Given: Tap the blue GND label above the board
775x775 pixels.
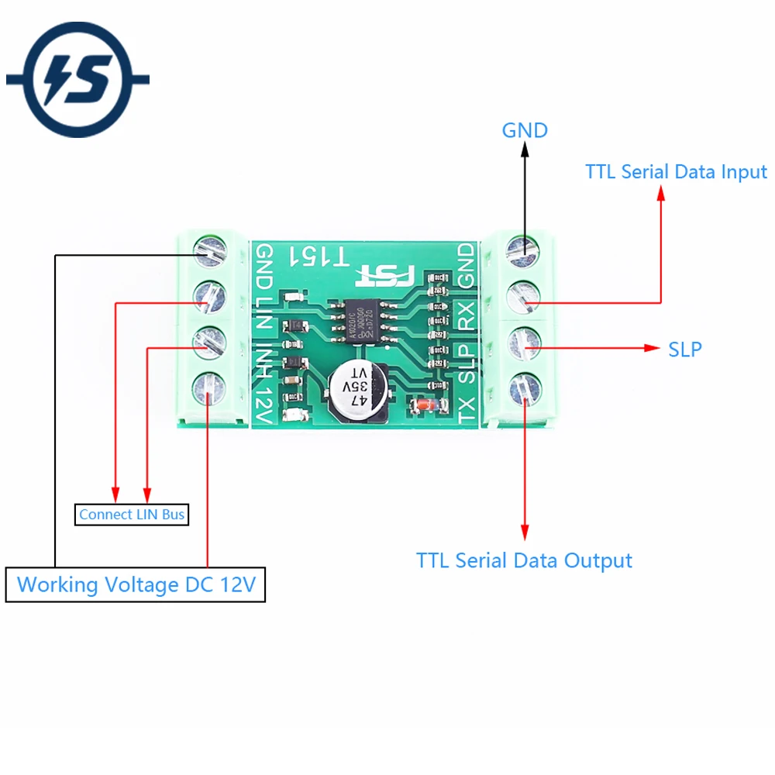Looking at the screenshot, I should click(x=525, y=130).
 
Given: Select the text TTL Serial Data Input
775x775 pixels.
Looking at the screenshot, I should click(x=676, y=171).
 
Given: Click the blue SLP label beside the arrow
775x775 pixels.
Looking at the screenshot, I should click(x=685, y=350).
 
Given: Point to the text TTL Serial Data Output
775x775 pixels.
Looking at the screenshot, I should click(x=524, y=560).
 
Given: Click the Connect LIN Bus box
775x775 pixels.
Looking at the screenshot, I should click(x=132, y=514).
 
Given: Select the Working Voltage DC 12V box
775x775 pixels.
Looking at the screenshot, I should click(x=136, y=584).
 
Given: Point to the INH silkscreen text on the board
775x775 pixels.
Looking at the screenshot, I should click(x=265, y=360).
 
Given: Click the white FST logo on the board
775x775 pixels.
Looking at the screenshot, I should click(x=386, y=274).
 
